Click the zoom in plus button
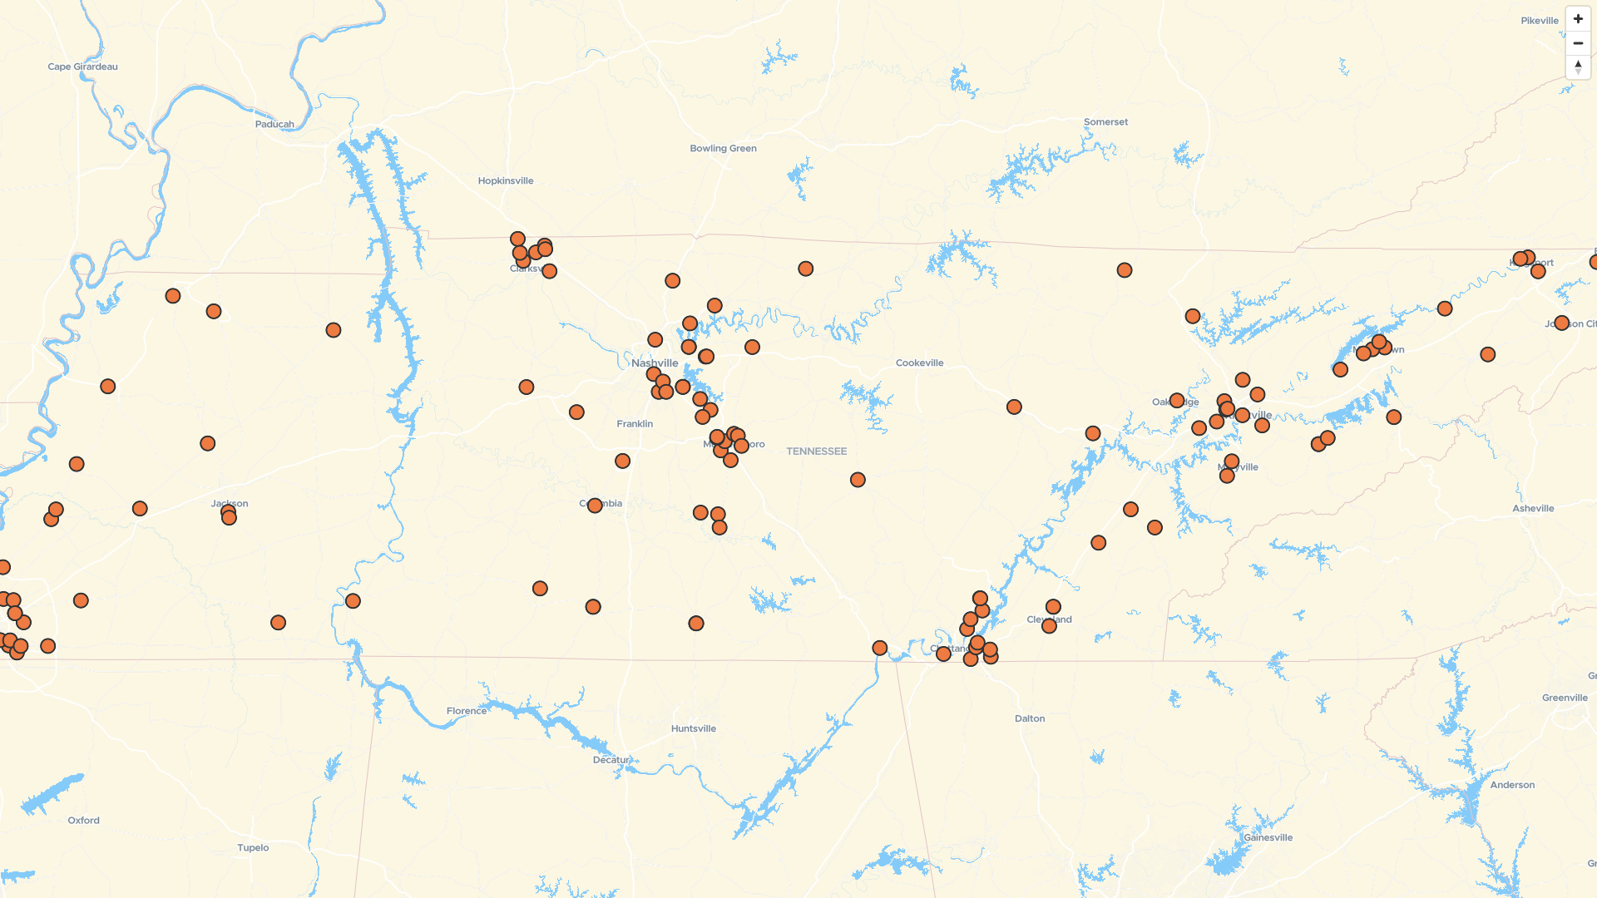(x=1578, y=19)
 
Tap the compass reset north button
(x=1578, y=67)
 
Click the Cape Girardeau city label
(x=82, y=67)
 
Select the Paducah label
(x=274, y=124)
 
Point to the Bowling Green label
(x=723, y=148)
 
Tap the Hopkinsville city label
(x=506, y=180)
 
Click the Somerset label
(x=1105, y=121)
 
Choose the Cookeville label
(x=919, y=363)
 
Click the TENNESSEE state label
(x=816, y=451)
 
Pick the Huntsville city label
(x=693, y=728)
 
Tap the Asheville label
(x=1533, y=508)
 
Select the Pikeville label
(x=1539, y=21)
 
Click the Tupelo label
(x=253, y=847)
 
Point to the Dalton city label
(x=1030, y=718)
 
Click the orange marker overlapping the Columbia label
(x=595, y=506)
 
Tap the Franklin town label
(x=635, y=423)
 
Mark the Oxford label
(x=83, y=820)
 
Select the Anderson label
(x=1512, y=785)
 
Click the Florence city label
(x=467, y=711)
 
